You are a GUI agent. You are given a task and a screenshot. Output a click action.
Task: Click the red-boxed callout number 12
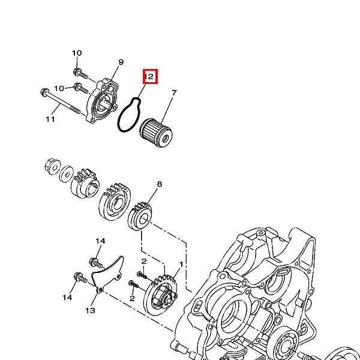pos(149,76)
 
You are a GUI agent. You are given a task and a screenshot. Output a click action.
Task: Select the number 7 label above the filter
pos(174,93)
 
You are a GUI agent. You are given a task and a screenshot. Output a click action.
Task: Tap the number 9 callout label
pos(121,62)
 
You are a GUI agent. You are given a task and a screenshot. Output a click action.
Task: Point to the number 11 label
pos(50,119)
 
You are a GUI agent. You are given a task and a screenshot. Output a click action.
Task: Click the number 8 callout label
pos(160,184)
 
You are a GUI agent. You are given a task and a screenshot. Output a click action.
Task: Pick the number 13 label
pos(90,311)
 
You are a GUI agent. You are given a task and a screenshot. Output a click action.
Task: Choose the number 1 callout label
pos(181,264)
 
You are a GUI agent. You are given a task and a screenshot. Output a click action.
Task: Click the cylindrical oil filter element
pos(156,133)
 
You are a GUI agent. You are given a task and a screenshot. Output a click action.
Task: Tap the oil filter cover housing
pos(102,101)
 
